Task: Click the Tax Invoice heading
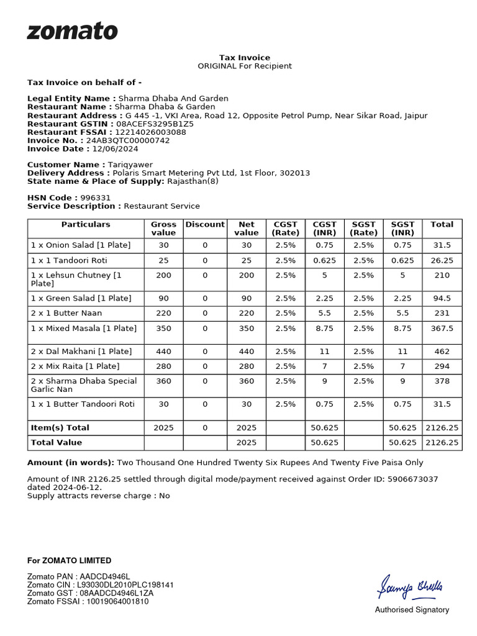pos(244,57)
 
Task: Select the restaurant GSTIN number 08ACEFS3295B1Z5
pos(155,124)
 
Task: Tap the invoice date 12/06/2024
pos(115,148)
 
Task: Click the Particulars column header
pos(86,224)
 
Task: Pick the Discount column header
pos(205,224)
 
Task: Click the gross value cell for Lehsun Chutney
pos(163,275)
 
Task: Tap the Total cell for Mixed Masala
pos(442,328)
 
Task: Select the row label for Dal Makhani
pos(81,352)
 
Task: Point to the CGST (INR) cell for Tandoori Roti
pos(324,260)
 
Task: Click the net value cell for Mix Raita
pos(247,366)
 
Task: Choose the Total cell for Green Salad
pos(442,298)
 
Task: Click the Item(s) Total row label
pos(60,427)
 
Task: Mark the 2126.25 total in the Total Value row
pos(442,442)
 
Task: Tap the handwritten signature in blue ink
pos(411,586)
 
